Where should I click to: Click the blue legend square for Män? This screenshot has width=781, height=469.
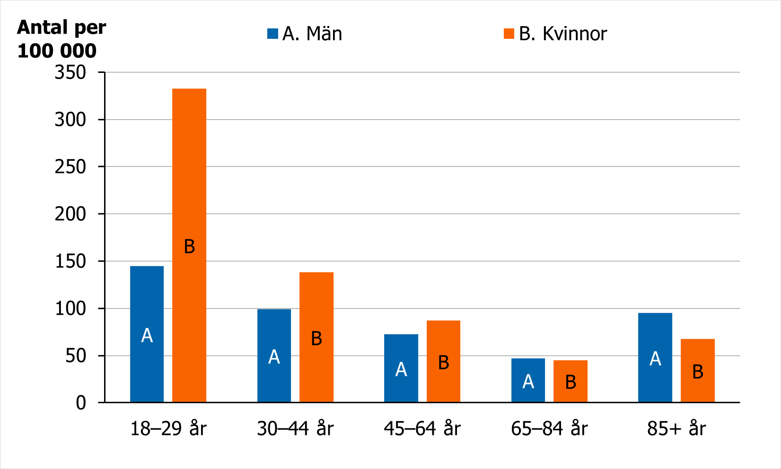[272, 34]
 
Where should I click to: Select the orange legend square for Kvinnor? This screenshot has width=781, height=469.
[509, 34]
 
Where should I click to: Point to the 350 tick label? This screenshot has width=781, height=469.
[70, 72]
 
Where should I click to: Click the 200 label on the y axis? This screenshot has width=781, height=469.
[70, 214]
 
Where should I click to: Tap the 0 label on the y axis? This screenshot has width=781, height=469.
[81, 403]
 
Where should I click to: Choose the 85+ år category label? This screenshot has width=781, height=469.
[676, 429]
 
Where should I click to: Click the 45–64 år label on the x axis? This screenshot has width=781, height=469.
[422, 429]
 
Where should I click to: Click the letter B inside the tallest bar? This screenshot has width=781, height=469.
[189, 247]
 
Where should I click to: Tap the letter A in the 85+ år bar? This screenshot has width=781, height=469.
[655, 359]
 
